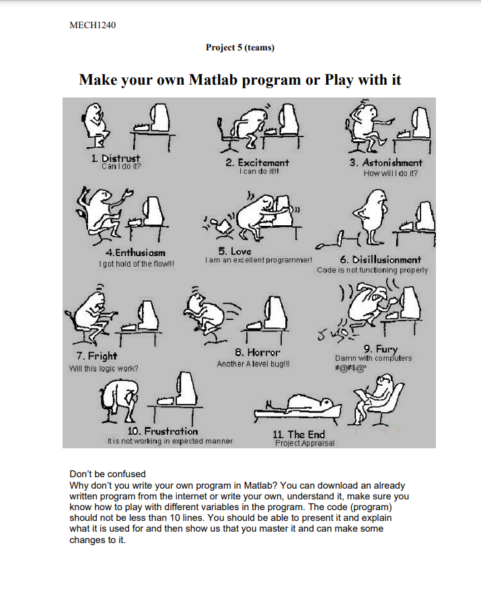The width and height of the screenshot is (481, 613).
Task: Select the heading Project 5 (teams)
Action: click(240, 47)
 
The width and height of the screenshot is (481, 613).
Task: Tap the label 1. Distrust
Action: click(116, 159)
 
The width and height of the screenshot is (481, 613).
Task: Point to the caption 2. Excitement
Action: click(257, 163)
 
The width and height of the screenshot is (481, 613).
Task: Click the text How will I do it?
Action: click(390, 173)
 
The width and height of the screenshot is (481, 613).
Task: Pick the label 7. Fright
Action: click(96, 356)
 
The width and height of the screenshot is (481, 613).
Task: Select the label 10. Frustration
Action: click(163, 431)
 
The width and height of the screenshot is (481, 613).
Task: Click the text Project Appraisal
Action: click(304, 443)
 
